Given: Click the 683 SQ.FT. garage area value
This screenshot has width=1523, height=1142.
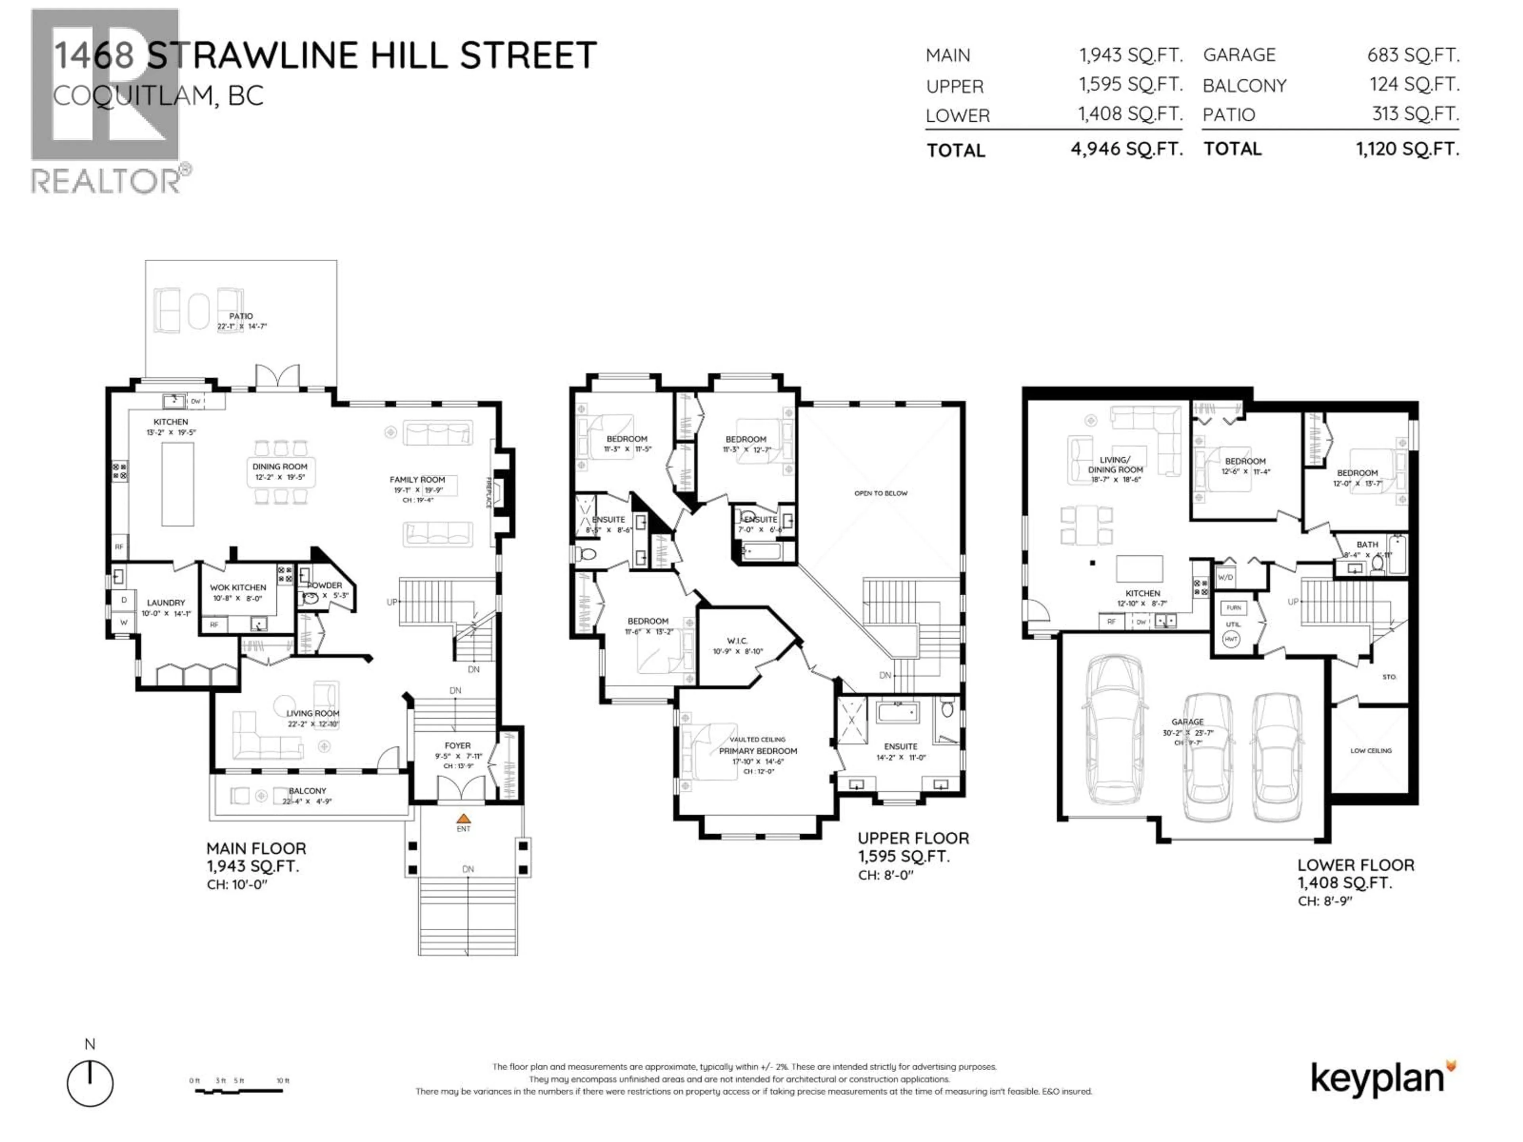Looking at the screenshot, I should (1413, 55).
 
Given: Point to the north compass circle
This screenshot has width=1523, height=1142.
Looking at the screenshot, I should (90, 1083).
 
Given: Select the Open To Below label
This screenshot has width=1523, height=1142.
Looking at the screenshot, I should (880, 493).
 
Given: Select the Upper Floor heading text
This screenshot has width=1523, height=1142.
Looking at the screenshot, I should (913, 838).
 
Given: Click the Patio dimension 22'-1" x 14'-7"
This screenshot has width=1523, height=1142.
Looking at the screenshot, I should (242, 326).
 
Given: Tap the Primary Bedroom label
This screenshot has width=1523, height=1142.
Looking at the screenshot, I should (758, 751).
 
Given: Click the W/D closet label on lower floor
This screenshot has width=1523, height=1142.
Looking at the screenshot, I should (1226, 577).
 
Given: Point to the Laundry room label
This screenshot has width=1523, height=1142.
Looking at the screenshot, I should (166, 602).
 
